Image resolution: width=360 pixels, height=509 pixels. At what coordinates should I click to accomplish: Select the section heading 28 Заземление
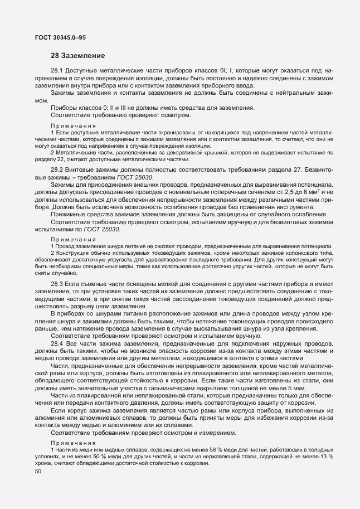point(75,56)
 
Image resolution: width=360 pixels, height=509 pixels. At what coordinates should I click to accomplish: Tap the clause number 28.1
point(57,72)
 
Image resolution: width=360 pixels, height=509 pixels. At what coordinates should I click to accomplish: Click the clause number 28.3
point(57,284)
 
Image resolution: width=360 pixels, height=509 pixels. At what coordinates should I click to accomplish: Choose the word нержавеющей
point(216,457)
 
